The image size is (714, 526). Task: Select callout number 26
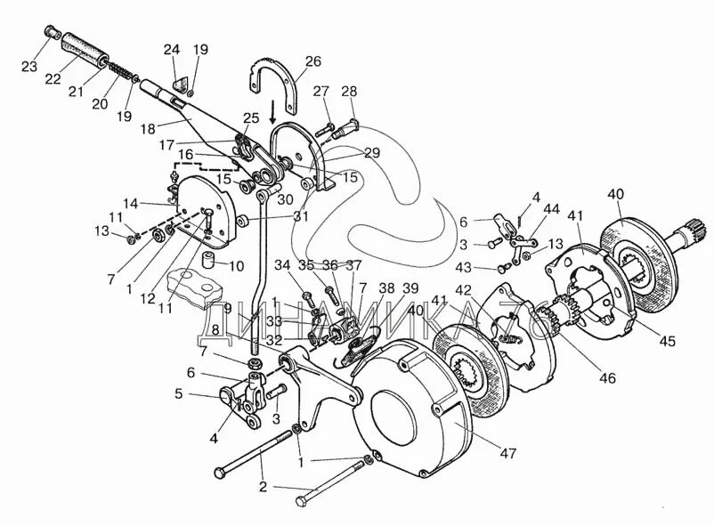312,61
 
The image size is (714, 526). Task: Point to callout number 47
507,453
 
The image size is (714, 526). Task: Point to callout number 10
238,266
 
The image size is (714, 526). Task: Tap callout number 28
349,91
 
